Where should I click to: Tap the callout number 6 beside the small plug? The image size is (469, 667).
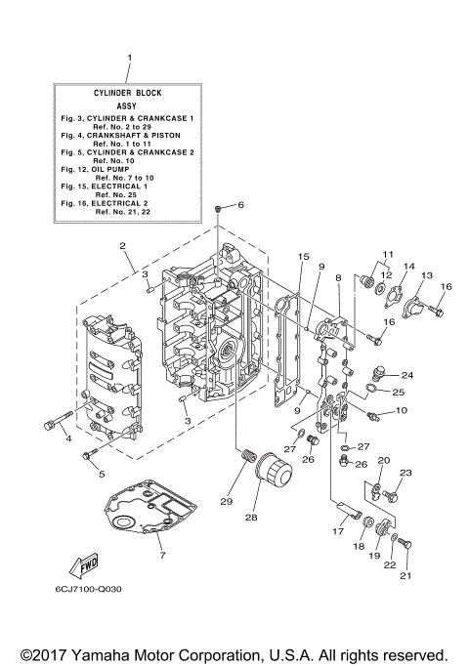click(x=240, y=205)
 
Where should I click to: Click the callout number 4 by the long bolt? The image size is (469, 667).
click(x=68, y=439)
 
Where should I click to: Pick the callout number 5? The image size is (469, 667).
click(x=101, y=476)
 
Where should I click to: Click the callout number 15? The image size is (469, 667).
click(x=304, y=257)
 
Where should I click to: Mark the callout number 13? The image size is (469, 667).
click(x=426, y=276)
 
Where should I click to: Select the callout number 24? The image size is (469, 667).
click(x=406, y=375)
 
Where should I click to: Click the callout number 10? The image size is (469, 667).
click(x=402, y=411)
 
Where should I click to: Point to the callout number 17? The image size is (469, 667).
click(x=338, y=531)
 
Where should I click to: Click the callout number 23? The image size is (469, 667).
click(x=405, y=473)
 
